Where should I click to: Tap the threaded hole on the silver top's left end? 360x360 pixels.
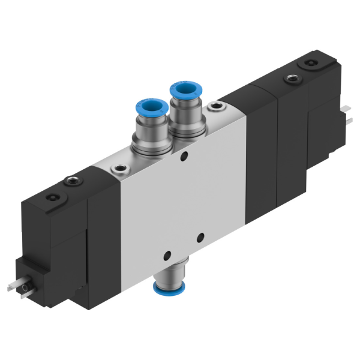coord(120,169)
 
